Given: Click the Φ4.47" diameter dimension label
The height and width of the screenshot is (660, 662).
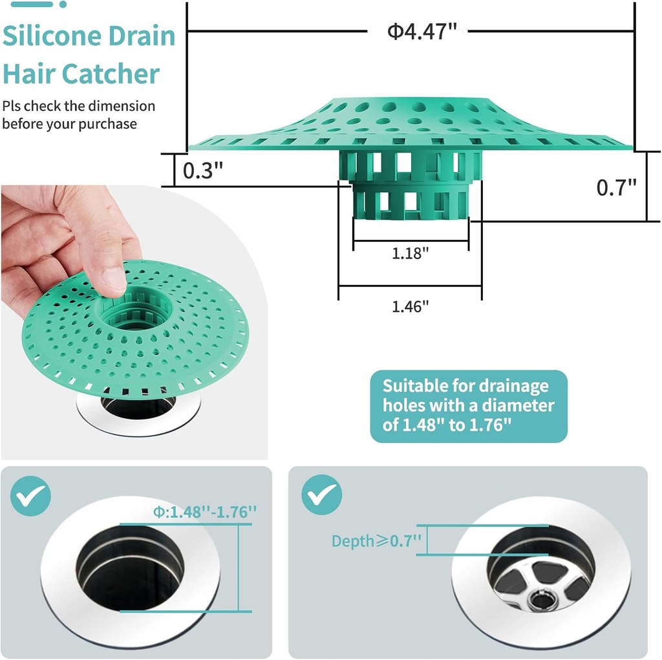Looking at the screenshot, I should point(418,31).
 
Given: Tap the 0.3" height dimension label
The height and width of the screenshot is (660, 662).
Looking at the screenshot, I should point(203,171).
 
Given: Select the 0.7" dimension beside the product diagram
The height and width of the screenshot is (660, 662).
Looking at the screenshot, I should point(616,187).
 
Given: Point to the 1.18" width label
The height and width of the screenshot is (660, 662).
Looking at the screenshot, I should point(411,253).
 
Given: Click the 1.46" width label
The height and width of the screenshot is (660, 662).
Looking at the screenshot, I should point(411,306).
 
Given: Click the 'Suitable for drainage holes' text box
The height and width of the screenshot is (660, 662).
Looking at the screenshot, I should point(468,405).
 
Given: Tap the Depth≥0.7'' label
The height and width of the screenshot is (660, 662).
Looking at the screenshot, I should point(376,540).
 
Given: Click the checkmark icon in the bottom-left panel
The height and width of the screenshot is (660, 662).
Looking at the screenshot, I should point(30,495).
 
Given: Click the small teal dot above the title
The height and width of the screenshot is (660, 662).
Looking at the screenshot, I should point(63,5).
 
